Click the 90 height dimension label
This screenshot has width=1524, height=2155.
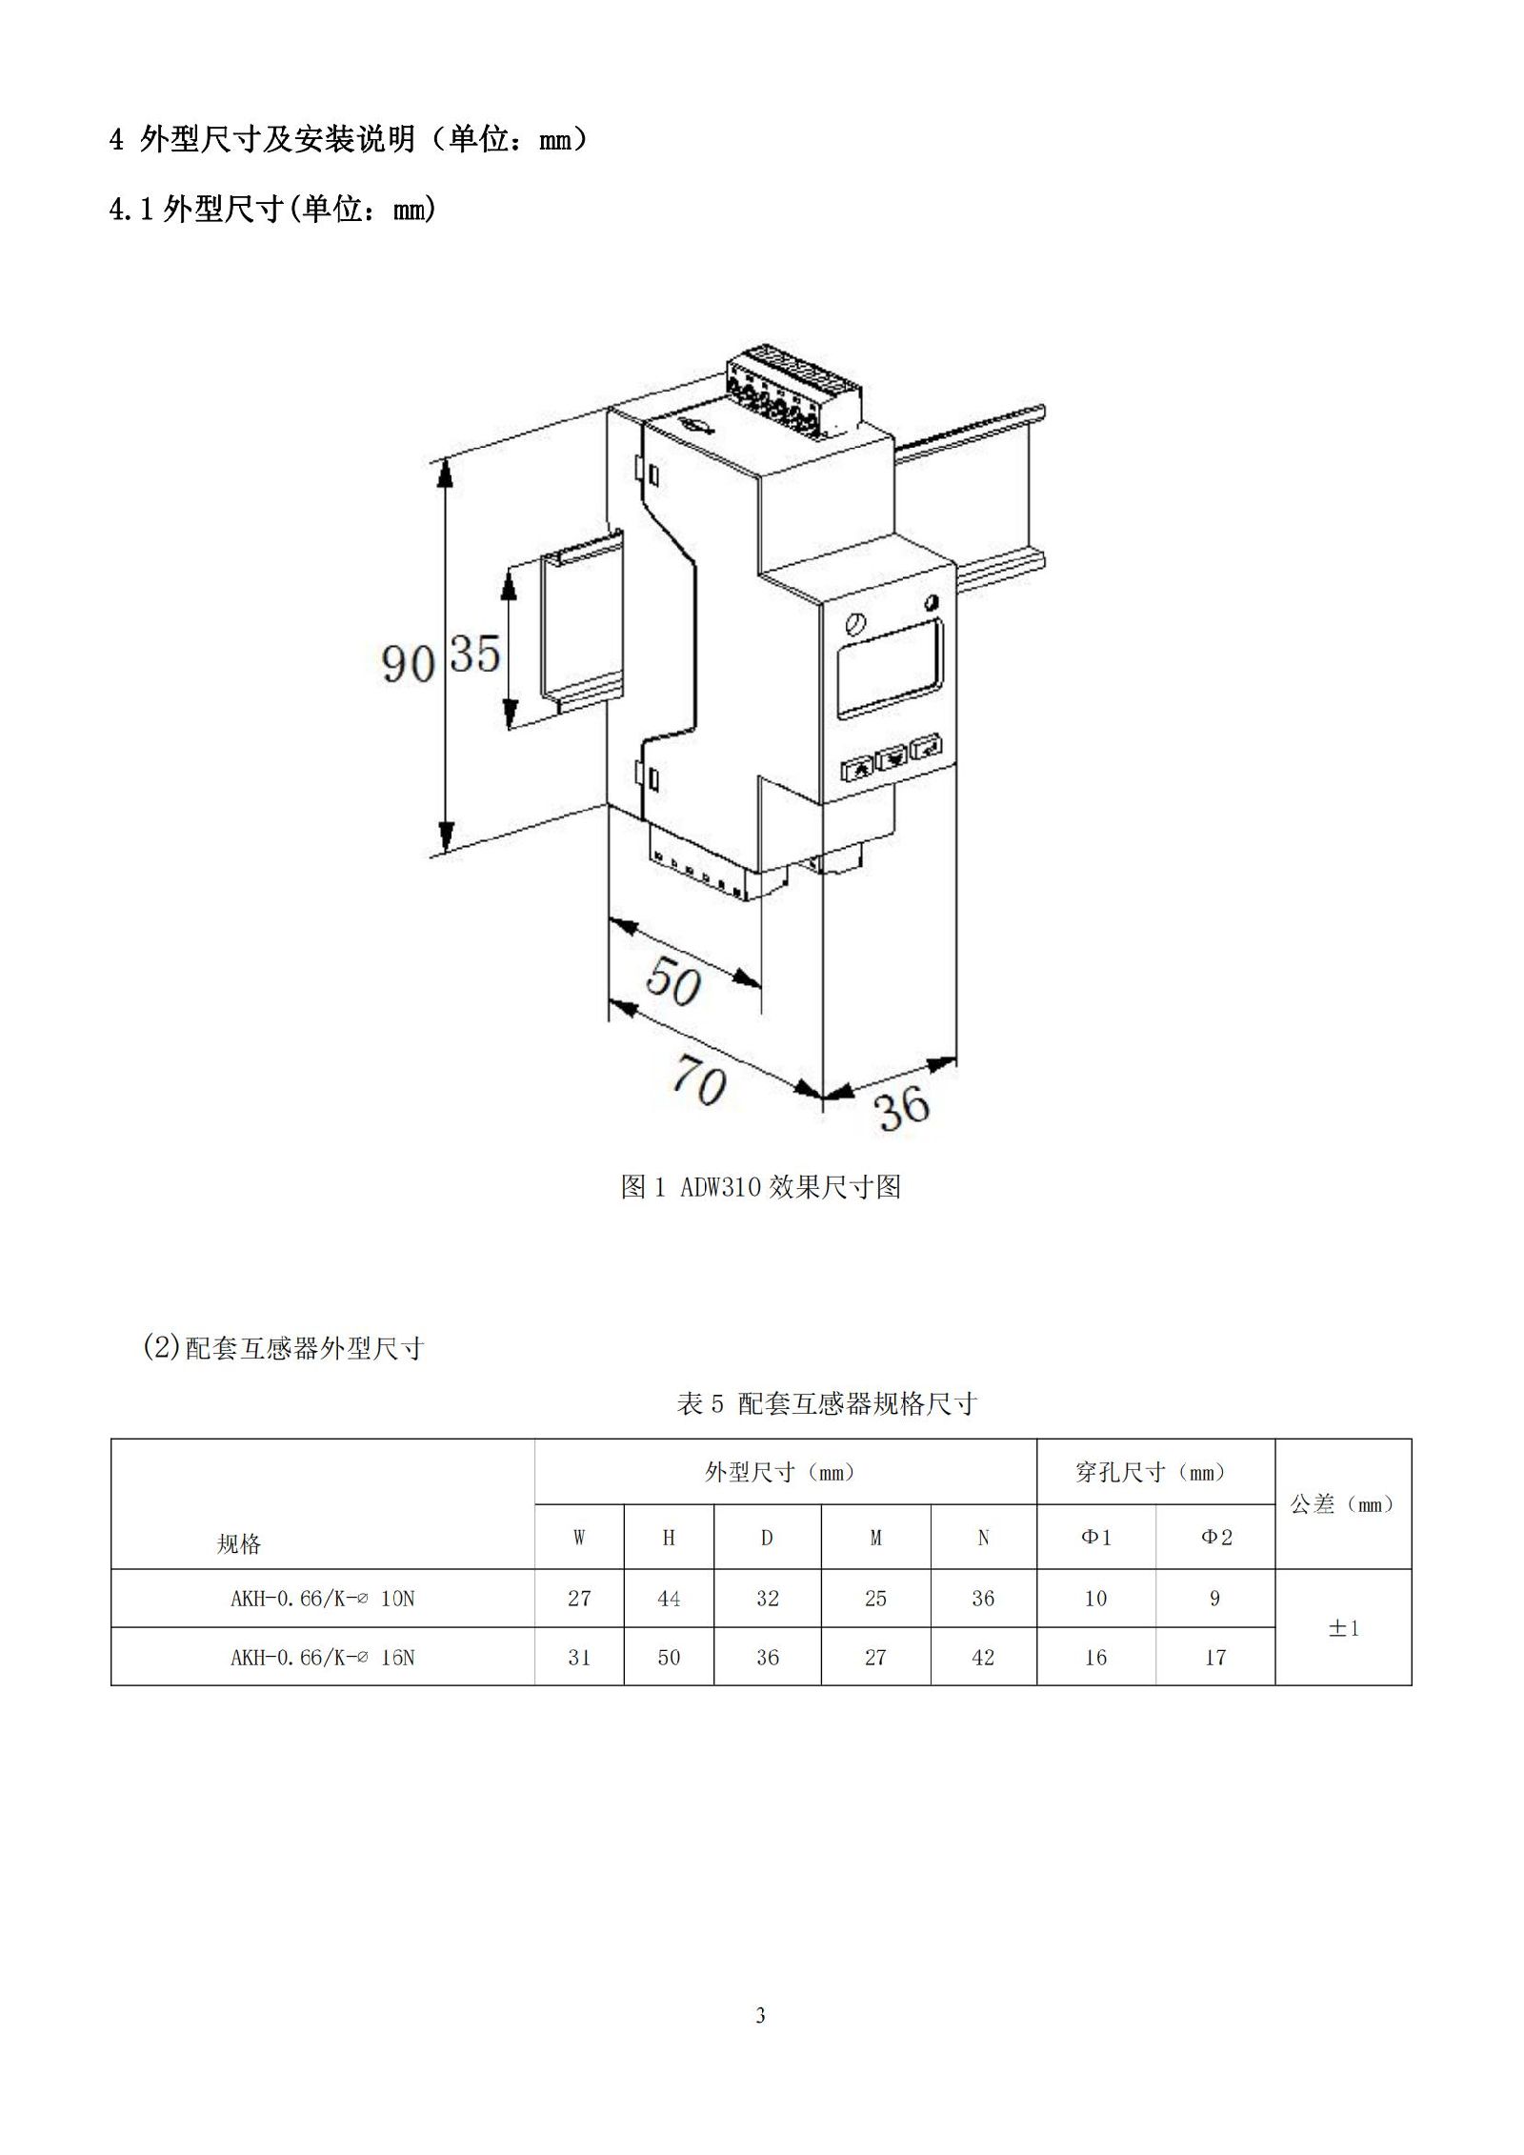(409, 663)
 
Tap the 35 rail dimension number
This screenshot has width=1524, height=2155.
(475, 654)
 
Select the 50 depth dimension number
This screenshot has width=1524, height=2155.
(674, 981)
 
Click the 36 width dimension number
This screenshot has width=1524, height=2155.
(902, 1107)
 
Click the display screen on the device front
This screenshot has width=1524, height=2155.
(889, 667)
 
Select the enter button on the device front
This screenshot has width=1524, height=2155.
(926, 747)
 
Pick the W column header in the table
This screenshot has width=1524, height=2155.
(579, 1537)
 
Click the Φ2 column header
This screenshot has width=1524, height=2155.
(1215, 1537)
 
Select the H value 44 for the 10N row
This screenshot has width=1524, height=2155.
(669, 1598)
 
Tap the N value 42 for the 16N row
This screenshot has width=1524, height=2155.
(983, 1657)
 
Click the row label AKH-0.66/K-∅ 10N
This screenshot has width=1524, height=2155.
(322, 1599)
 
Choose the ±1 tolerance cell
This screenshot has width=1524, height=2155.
(1343, 1628)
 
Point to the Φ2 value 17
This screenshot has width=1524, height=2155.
(1215, 1657)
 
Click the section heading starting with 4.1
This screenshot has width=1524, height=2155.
(273, 209)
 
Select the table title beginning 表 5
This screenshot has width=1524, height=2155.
(827, 1403)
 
